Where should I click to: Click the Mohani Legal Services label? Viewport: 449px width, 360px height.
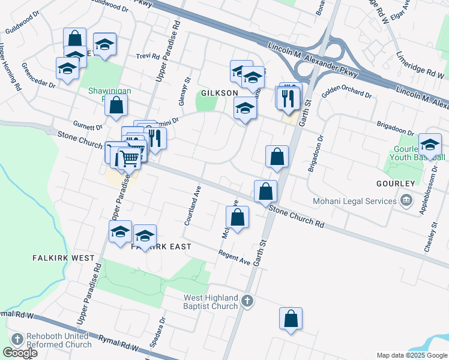pyautogui.click(x=355, y=201)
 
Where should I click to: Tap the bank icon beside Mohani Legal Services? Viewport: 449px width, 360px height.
pyautogui.click(x=407, y=200)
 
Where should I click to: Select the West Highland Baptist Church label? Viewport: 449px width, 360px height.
pyautogui.click(x=211, y=302)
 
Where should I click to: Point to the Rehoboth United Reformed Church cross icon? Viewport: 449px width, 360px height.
pyautogui.click(x=16, y=340)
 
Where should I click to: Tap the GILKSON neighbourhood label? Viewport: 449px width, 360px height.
pyautogui.click(x=220, y=94)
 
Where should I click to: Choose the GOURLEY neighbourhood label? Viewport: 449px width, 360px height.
pyautogui.click(x=396, y=183)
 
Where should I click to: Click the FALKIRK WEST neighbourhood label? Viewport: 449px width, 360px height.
pyautogui.click(x=64, y=258)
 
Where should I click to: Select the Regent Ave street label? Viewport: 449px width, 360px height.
pyautogui.click(x=234, y=260)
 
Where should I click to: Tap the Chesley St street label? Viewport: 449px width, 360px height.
pyautogui.click(x=434, y=237)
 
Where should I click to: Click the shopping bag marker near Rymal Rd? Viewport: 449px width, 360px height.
pyautogui.click(x=291, y=320)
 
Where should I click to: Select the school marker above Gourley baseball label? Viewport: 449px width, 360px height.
pyautogui.click(x=430, y=146)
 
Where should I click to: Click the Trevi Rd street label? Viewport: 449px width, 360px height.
pyautogui.click(x=147, y=56)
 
